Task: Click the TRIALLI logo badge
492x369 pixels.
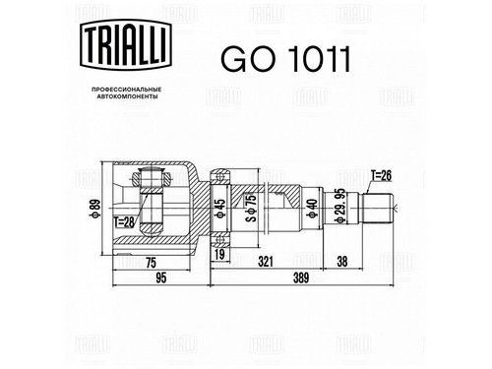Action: tap(126, 45)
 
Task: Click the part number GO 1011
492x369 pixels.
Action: tap(285, 59)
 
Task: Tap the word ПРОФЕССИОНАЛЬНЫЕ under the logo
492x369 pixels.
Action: tap(126, 90)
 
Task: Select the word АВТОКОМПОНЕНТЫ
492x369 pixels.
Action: tap(126, 96)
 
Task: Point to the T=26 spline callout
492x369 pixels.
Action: tap(381, 176)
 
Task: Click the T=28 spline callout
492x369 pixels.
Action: tap(124, 222)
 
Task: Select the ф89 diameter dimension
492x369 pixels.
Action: tap(95, 209)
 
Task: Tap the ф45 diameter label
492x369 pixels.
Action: tap(220, 209)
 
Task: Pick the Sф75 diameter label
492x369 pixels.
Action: tap(251, 208)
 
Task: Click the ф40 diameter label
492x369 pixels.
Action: tap(311, 209)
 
